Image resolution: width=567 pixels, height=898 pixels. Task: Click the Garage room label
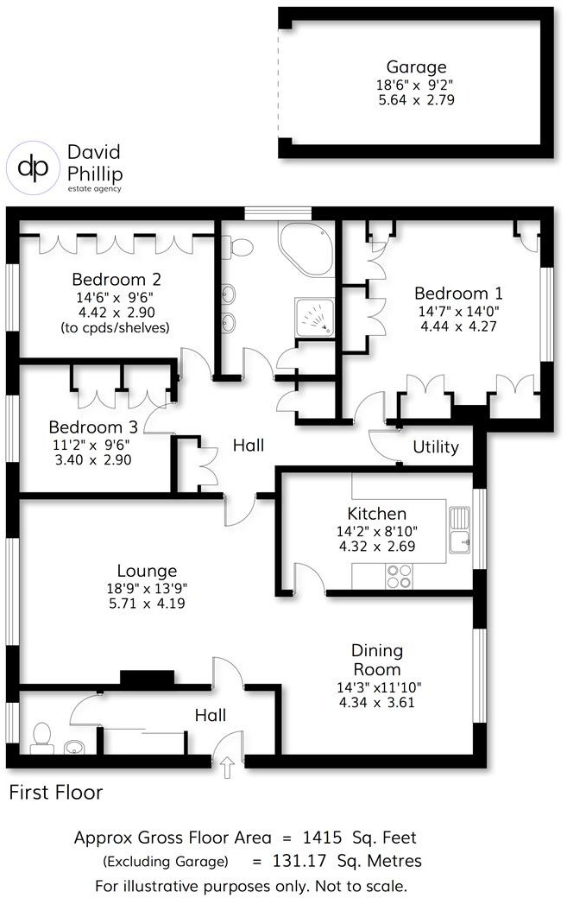[416, 66]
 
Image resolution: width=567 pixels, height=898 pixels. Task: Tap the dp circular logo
[34, 167]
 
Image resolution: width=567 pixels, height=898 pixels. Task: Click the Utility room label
[436, 447]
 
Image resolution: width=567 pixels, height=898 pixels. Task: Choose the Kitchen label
[376, 514]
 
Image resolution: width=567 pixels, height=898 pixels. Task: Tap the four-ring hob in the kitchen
[399, 576]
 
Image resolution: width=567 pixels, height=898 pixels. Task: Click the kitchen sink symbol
[459, 528]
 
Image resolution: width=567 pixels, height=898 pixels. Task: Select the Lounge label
[148, 571]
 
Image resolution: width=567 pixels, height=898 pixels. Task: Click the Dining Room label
[377, 660]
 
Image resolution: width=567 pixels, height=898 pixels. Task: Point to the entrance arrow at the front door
[227, 767]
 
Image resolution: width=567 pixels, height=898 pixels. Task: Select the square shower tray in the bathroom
[314, 317]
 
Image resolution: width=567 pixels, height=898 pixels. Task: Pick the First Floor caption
[56, 792]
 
